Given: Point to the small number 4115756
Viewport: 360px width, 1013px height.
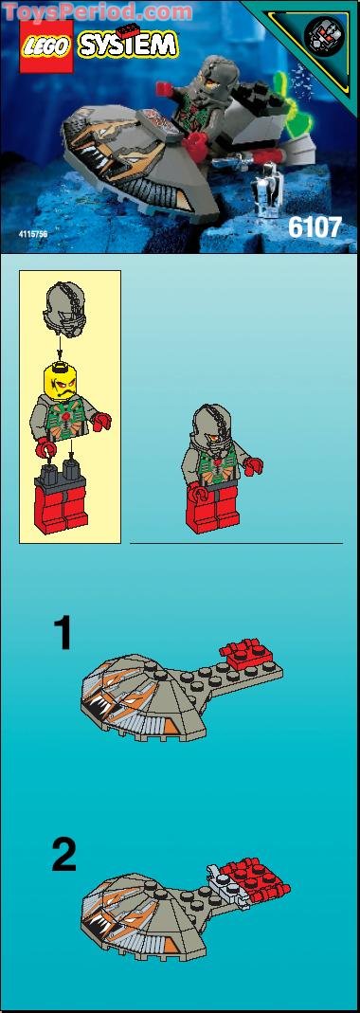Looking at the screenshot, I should [x=36, y=231].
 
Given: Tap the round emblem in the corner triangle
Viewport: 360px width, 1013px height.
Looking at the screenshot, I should [x=324, y=34].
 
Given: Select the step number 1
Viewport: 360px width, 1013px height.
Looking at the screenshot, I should [x=62, y=633].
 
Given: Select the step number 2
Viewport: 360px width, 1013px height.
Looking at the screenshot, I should [x=63, y=856].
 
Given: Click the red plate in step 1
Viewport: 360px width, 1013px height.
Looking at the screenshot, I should [x=248, y=653].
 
